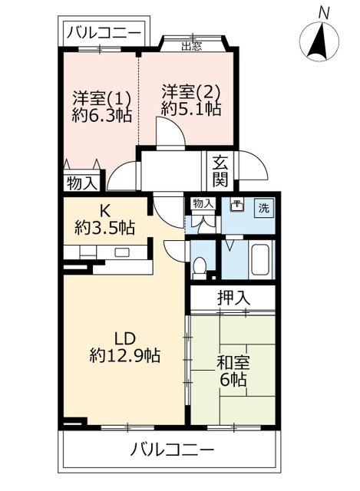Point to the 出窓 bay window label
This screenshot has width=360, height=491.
tap(192, 44)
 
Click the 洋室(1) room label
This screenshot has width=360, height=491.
tap(102, 98)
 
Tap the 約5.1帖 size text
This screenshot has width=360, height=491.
tap(191, 110)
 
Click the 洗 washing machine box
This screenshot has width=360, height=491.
tap(263, 207)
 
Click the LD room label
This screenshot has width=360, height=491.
tap(124, 338)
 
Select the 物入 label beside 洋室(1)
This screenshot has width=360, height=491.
tap(81, 183)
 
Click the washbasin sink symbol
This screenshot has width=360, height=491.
tap(236, 206)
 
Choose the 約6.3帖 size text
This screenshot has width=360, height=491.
tap(102, 116)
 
